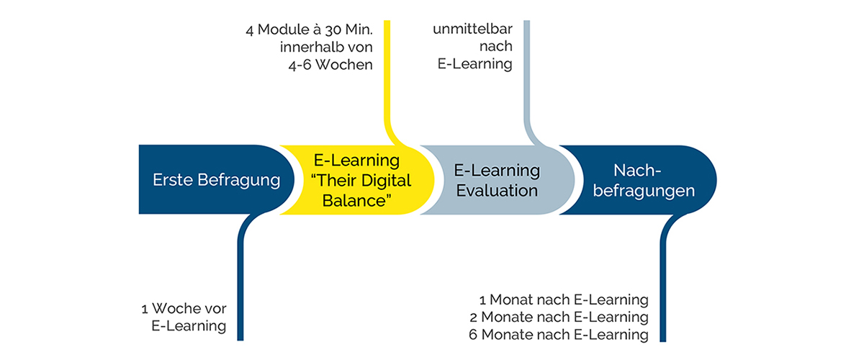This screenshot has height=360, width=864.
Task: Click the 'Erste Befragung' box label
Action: pyautogui.click(x=216, y=180)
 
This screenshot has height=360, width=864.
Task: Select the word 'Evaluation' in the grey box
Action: pyautogui.click(x=497, y=191)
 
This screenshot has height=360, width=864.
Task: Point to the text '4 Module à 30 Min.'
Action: pyautogui.click(x=309, y=31)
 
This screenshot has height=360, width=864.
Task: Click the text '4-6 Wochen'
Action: pyautogui.click(x=328, y=64)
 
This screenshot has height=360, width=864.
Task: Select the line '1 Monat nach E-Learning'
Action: pyautogui.click(x=564, y=300)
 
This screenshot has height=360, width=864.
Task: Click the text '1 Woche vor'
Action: pyautogui.click(x=184, y=309)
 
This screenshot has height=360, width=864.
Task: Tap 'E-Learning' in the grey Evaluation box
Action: pyautogui.click(x=497, y=171)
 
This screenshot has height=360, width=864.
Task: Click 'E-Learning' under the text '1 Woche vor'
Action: pyautogui.click(x=189, y=326)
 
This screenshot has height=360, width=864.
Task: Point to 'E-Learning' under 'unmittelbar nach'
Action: pyautogui.click(x=474, y=64)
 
